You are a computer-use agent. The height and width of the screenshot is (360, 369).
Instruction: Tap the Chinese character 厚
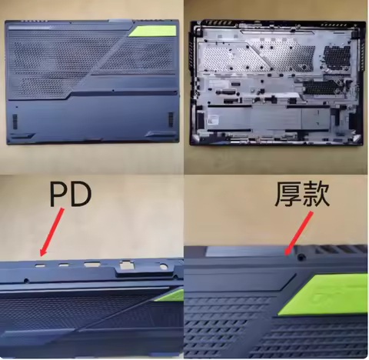point(288,195)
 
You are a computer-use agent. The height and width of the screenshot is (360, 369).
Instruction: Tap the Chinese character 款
point(317,195)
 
